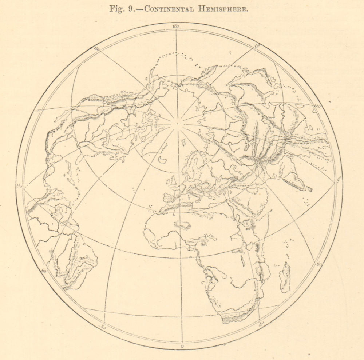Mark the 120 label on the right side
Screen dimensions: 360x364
click(317, 106)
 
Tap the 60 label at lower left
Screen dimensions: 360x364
click(44, 271)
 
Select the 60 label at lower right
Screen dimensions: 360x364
click(320, 264)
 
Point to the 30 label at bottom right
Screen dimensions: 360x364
click(261, 323)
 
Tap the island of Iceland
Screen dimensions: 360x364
click(163, 159)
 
